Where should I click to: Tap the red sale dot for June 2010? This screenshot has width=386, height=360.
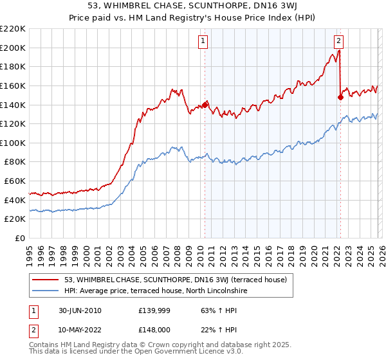point(205,104)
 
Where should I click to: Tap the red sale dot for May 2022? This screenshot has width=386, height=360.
point(340,97)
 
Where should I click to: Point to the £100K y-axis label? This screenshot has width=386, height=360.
point(13,143)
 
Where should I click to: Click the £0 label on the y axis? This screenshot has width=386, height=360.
point(19,239)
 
